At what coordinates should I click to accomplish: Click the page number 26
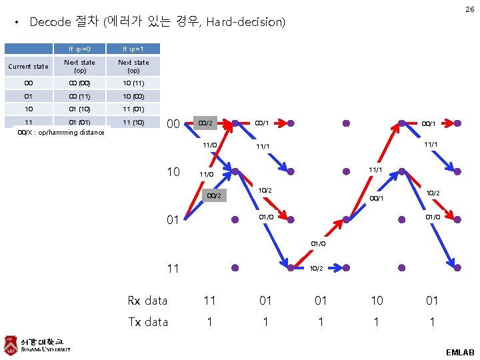pos(469,9)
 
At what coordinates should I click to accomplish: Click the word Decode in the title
pos(50,22)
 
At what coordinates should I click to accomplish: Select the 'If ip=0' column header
pos(79,49)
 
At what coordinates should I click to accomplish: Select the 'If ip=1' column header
pos(133,49)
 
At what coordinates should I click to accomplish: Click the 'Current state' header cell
pos(27,66)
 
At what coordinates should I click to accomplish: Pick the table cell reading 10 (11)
pos(133,83)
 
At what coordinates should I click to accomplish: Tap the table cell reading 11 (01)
pos(133,109)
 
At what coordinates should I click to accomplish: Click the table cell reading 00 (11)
pos(79,96)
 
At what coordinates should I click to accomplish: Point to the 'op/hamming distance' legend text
pos(61,132)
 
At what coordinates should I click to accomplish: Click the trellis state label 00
pos(173,124)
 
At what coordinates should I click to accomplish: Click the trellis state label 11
pos(173,269)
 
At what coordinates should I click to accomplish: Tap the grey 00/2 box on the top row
pos(205,123)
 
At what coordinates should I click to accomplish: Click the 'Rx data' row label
pos(147,301)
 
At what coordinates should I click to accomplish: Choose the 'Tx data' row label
pos(147,322)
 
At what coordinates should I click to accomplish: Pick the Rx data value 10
pos(377,301)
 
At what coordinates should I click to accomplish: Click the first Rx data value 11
pos(210,301)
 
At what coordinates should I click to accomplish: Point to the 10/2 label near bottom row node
pos(317,268)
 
